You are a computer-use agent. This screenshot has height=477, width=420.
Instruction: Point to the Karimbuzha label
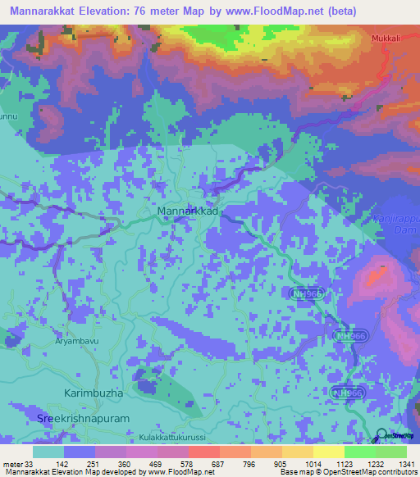[x=94, y=393]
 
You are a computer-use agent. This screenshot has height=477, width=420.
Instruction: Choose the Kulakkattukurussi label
[x=172, y=438]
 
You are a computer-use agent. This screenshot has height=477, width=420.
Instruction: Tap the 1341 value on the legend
[x=406, y=463]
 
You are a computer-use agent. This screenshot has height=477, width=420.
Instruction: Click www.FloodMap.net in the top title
[x=280, y=11]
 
